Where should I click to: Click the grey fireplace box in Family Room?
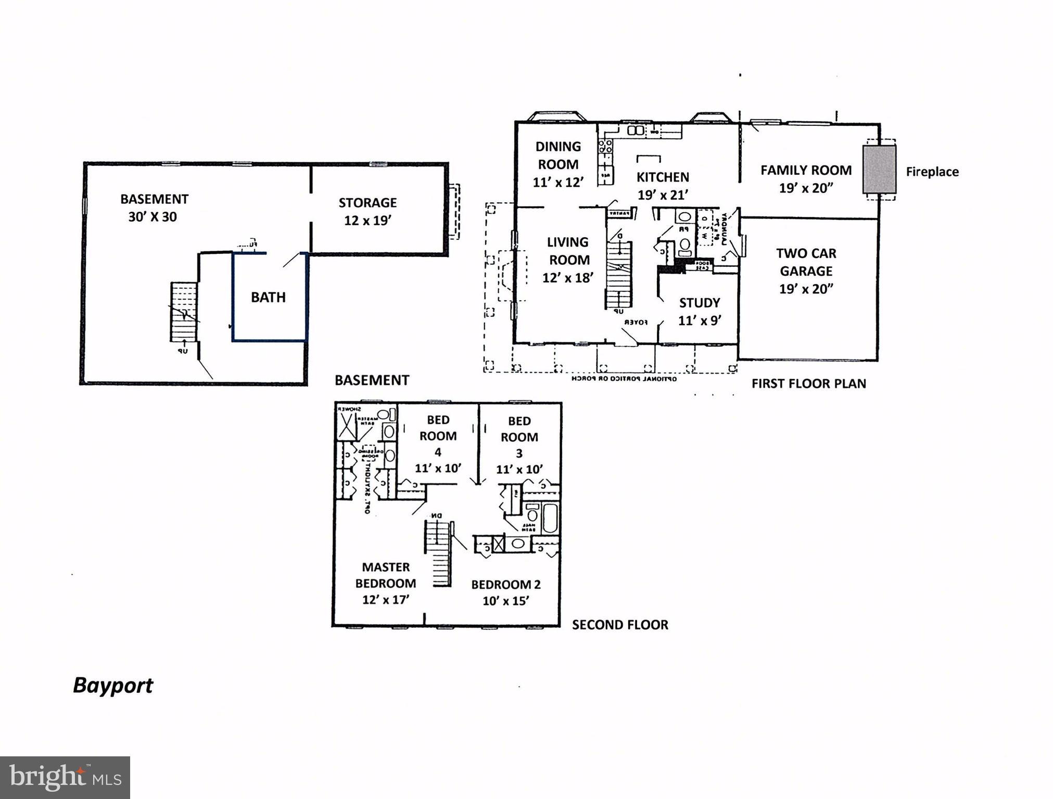point(879,169)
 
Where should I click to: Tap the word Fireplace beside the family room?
point(932,172)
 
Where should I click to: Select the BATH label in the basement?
point(268,297)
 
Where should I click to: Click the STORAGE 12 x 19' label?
point(367,211)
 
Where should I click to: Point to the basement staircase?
point(184,312)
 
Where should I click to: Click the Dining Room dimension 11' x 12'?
point(558,182)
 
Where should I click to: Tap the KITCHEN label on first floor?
point(662,177)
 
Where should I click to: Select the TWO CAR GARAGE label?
point(806,262)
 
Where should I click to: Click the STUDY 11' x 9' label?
point(699,311)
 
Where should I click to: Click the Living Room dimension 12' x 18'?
point(567,278)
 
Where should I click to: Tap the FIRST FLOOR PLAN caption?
point(808,384)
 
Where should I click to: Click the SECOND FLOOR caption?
point(619,625)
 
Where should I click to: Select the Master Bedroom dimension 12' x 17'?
point(385,600)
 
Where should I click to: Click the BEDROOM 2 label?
point(505,584)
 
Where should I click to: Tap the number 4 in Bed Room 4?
point(438,452)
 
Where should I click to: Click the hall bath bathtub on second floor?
point(549,518)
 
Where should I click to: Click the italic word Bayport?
point(113,686)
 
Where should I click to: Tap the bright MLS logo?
point(65,777)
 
